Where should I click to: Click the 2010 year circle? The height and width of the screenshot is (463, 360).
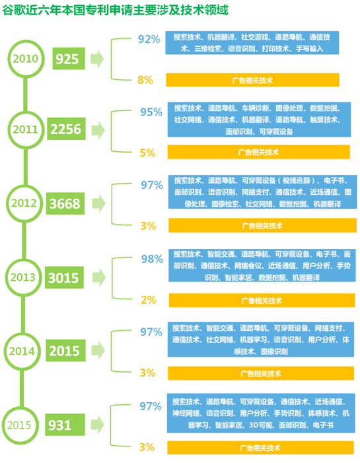click(26, 42)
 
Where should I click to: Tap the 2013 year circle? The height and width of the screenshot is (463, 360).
click(23, 260)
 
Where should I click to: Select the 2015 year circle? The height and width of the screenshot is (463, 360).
click(20, 408)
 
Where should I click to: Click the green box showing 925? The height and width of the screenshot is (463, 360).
click(69, 59)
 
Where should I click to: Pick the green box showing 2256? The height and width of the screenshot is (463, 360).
click(66, 129)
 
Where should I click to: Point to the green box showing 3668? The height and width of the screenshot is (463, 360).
click(65, 203)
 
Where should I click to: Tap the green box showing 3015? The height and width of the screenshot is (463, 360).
click(64, 277)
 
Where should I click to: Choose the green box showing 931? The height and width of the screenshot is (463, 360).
click(65, 425)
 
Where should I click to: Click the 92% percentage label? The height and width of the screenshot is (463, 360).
click(149, 39)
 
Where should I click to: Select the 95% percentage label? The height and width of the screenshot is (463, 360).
click(151, 112)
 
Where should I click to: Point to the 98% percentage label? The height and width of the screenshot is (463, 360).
click(153, 259)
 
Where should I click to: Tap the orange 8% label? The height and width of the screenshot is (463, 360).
click(145, 80)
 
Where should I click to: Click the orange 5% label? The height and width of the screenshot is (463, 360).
click(148, 153)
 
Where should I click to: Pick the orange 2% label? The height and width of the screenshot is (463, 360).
click(149, 300)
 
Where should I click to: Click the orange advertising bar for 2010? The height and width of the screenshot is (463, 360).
click(252, 80)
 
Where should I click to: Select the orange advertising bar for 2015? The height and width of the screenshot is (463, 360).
click(260, 448)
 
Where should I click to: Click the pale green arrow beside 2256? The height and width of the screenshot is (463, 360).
click(98, 130)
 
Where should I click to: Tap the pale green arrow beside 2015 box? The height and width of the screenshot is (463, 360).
click(98, 350)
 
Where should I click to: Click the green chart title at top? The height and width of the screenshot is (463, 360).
click(115, 10)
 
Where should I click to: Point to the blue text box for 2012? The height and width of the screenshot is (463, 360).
click(262, 192)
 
